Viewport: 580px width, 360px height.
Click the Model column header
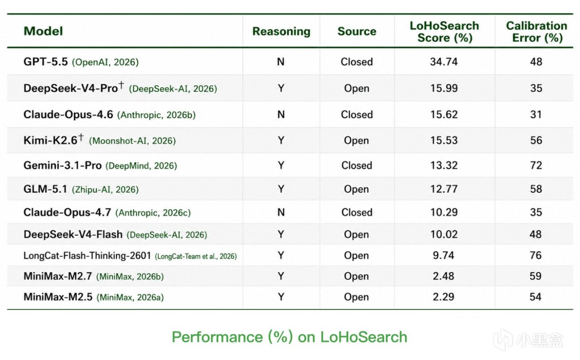[x=43, y=31]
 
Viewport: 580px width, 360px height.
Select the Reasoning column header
[x=281, y=32]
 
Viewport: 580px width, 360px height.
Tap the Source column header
[x=357, y=31]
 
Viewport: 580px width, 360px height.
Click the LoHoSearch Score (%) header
[x=445, y=32]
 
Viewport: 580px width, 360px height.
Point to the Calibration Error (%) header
[x=536, y=32]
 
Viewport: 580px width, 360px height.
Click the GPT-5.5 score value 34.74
[x=444, y=62]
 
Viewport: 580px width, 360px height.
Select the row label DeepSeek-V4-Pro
[x=71, y=88]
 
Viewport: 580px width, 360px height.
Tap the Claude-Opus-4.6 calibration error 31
[x=536, y=114]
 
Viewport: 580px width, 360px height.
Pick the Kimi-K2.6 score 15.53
[x=444, y=141]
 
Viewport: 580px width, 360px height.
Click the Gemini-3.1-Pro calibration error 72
[x=536, y=165]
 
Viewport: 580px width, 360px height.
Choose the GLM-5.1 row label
[x=45, y=189]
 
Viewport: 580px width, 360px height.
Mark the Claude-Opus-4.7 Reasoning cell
[x=281, y=212]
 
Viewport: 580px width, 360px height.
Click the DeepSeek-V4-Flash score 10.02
[x=444, y=234]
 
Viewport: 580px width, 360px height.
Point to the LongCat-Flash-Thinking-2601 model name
[x=87, y=256]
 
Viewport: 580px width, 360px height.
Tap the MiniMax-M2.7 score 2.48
[x=443, y=276]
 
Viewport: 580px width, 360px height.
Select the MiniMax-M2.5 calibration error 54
[x=536, y=297]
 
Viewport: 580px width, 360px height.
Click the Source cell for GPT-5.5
[x=357, y=62]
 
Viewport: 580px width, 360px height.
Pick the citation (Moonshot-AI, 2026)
[x=132, y=141]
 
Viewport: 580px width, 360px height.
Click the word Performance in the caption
[x=217, y=337]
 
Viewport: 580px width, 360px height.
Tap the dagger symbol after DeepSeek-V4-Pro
[x=121, y=85]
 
